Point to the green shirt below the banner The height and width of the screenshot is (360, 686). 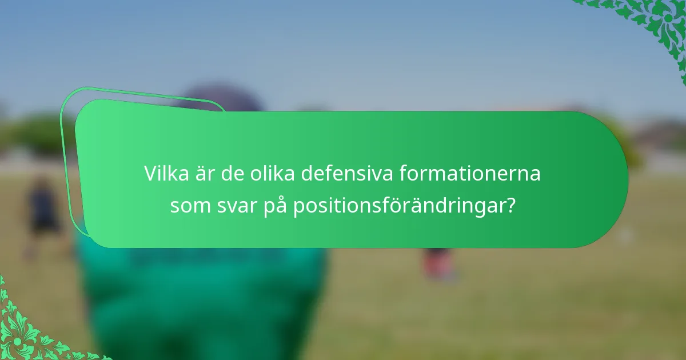(x=200, y=297)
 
